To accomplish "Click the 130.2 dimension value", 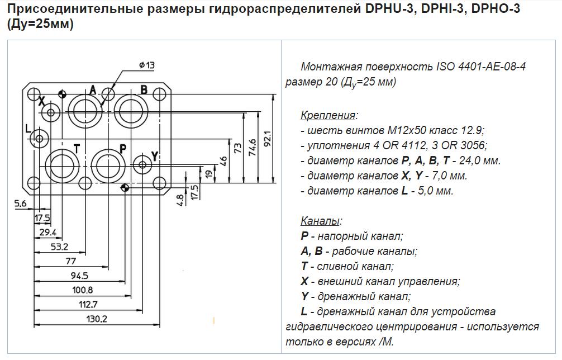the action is point(97,319).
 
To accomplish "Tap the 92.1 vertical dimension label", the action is point(268,139).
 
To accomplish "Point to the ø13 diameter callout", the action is point(147,65).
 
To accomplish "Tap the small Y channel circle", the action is point(142,164).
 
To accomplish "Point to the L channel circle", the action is point(39,138).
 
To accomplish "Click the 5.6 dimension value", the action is point(21,203).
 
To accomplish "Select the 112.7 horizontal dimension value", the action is point(88,305).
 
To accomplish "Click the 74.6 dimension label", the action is point(253,147).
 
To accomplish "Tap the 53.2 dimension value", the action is point(59,247).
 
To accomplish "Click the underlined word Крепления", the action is point(328,115).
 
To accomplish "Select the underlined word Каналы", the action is point(320,220).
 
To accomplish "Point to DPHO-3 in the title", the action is point(496,8).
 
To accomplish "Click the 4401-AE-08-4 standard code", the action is point(492,67).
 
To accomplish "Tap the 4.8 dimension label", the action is point(180,200).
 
